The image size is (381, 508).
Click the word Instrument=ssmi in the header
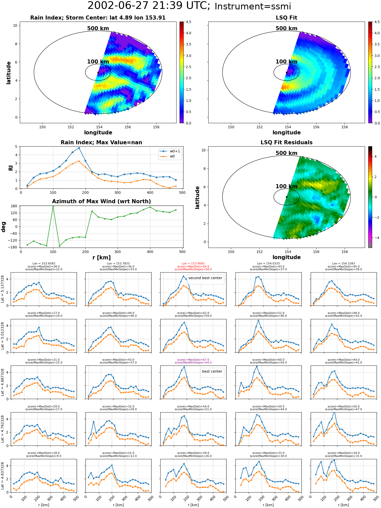[x=252, y=7]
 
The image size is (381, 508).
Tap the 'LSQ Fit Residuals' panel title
[x=286, y=142]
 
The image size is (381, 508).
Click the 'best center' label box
[x=212, y=371]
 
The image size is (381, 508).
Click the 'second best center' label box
[x=205, y=278]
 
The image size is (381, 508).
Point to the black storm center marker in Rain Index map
[x=98, y=72]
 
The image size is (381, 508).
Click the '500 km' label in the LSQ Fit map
[x=286, y=28]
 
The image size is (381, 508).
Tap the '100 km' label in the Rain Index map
[x=98, y=62]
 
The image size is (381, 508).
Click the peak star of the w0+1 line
[x=79, y=148]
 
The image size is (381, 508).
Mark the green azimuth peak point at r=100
[x=53, y=207]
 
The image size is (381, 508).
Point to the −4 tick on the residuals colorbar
[x=376, y=238]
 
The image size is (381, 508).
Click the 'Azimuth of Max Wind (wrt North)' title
[x=101, y=201]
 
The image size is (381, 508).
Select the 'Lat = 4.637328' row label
[x=3, y=476]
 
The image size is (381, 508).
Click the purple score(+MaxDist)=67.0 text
[x=193, y=360]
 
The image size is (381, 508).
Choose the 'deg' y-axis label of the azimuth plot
[x=4, y=227]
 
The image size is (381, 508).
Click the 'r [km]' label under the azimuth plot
[x=101, y=258]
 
